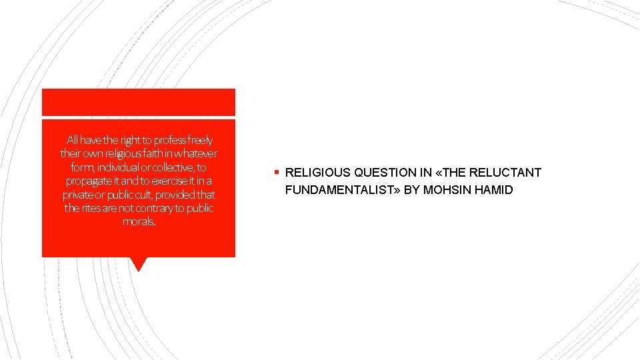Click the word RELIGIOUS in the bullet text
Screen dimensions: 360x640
point(316,173)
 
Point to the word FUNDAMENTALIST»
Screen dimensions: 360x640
point(342,191)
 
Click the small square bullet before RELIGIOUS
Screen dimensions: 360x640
point(276,173)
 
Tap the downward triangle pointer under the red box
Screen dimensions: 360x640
point(139,264)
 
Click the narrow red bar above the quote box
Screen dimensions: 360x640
point(139,102)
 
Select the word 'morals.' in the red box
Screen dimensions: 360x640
point(139,221)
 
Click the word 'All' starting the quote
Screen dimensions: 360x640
point(73,140)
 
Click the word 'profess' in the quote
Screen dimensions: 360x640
point(169,140)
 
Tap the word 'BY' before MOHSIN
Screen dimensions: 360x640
point(412,191)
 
